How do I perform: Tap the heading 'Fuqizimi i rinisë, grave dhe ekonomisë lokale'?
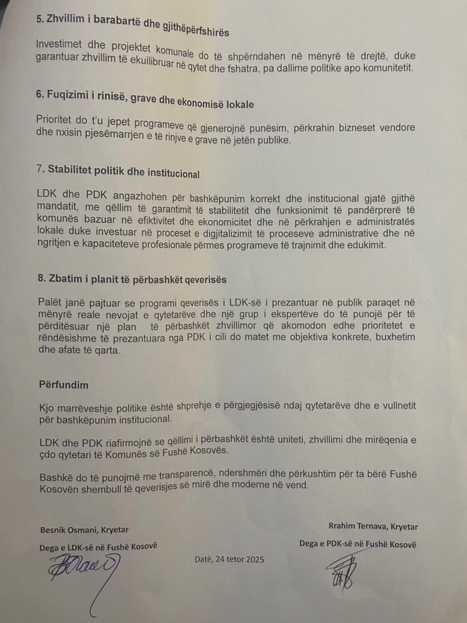coord(145,99)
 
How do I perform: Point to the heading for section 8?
coord(132,279)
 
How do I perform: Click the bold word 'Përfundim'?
coord(63,385)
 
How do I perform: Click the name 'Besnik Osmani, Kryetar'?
coord(84,530)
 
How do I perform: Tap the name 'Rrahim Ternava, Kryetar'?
coord(373,526)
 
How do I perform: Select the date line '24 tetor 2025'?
coord(229,559)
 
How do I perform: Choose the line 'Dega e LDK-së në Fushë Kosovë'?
coord(98,547)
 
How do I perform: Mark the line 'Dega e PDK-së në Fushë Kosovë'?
coord(357,544)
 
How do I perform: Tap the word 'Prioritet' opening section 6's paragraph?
coord(54,119)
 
